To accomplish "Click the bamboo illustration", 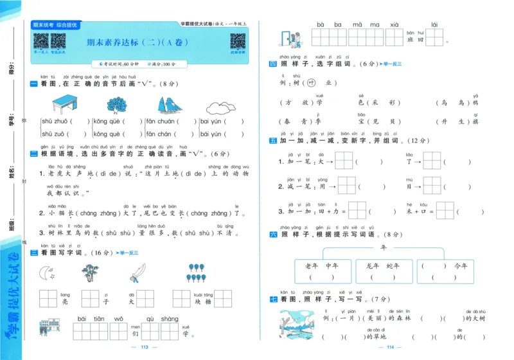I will pos(90,273).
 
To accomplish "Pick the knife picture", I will pos(137,273).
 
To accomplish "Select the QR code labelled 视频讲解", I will pos(237,41).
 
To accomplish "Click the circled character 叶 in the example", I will pos(311,83).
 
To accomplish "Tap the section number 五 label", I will pos(272,140).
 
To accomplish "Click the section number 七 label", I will pos(272,299).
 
